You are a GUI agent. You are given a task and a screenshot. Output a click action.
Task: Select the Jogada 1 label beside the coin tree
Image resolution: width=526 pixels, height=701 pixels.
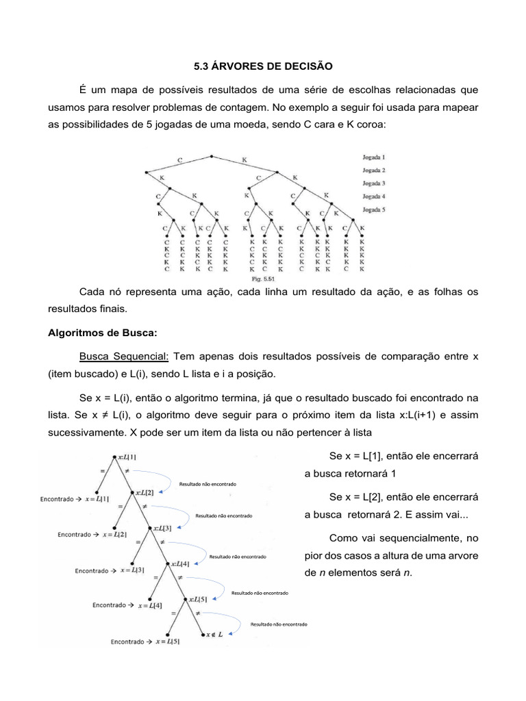pyautogui.click(x=373, y=157)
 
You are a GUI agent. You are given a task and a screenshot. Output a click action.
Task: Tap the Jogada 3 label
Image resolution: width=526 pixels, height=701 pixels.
pyautogui.click(x=373, y=183)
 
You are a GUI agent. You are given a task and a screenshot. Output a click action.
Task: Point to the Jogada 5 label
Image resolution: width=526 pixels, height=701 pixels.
pyautogui.click(x=373, y=209)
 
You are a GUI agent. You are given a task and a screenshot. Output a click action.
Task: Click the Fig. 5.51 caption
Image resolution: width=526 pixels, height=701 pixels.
pyautogui.click(x=263, y=279)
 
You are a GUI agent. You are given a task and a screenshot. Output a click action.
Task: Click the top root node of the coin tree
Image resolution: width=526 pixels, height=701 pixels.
pyautogui.click(x=212, y=156)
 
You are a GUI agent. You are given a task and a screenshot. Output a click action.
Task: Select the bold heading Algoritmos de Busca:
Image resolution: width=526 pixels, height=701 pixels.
pyautogui.click(x=102, y=333)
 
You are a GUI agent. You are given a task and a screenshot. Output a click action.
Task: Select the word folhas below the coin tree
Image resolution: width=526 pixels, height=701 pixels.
pyautogui.click(x=427, y=292)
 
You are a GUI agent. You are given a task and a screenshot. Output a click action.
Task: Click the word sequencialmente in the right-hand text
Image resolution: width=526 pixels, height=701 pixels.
pyautogui.click(x=412, y=538)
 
